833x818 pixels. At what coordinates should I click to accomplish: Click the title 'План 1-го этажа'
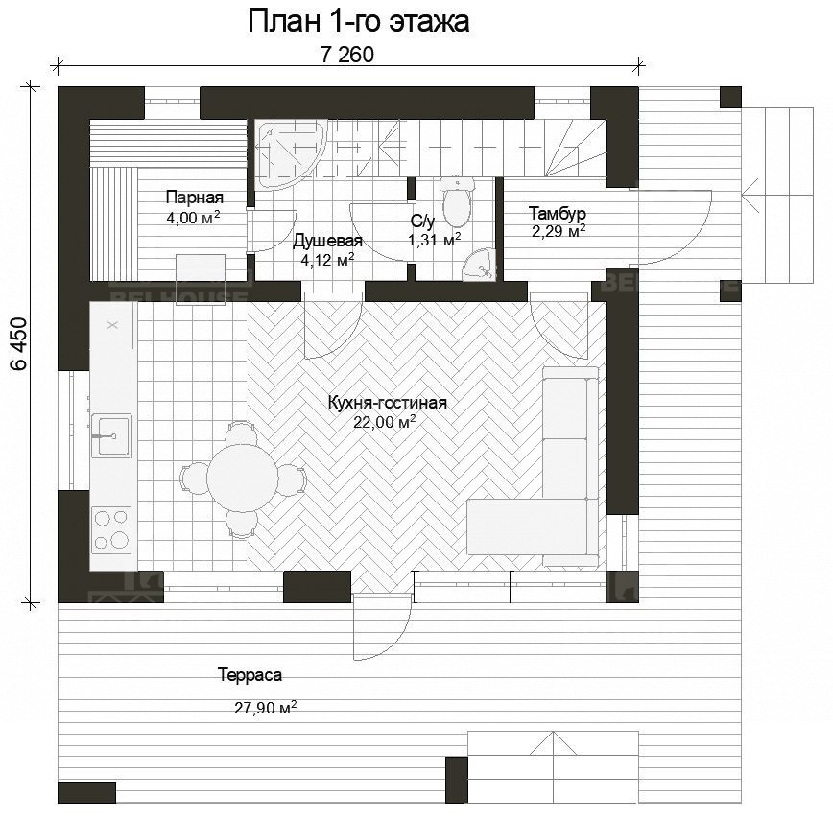(359, 22)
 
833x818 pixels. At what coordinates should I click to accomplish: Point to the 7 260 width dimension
(347, 54)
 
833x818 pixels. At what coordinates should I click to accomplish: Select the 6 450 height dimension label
(19, 343)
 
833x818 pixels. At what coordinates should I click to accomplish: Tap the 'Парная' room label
(195, 197)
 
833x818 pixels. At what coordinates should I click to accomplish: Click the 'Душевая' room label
(327, 241)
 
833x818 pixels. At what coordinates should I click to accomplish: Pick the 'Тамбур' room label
(558, 213)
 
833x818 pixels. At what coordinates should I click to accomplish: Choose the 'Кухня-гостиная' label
(388, 403)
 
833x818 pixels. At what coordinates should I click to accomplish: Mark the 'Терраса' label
(250, 675)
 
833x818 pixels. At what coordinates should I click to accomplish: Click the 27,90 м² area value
(266, 707)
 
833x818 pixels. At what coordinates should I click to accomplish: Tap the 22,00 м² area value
(384, 422)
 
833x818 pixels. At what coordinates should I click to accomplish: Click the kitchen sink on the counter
(111, 435)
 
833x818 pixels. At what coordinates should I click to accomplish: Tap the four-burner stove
(111, 529)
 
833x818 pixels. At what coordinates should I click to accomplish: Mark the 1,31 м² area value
(435, 240)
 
